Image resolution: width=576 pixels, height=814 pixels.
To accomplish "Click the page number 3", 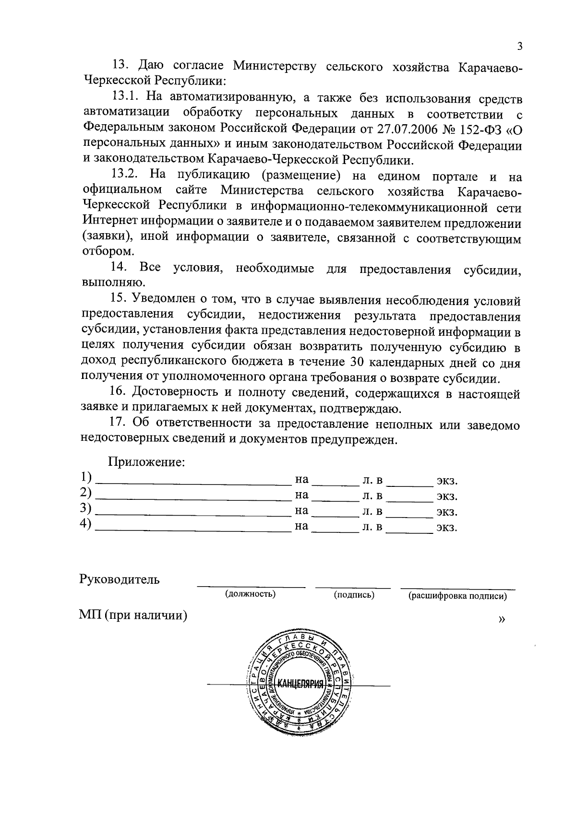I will pyautogui.click(x=519, y=47).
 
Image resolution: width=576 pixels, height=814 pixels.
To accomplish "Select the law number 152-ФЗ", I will pyautogui.click(x=480, y=129).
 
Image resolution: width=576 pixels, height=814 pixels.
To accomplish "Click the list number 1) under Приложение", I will pyautogui.click(x=85, y=478).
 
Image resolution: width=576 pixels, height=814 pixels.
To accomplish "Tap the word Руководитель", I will pyautogui.click(x=120, y=579).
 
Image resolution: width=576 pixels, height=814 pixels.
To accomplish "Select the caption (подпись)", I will pyautogui.click(x=354, y=595).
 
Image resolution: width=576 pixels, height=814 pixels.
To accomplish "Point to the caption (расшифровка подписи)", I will pyautogui.click(x=457, y=596).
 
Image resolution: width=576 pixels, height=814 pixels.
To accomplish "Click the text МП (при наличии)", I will pyautogui.click(x=133, y=615).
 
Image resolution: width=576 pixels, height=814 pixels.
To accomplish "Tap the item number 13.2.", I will pyautogui.click(x=127, y=175).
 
